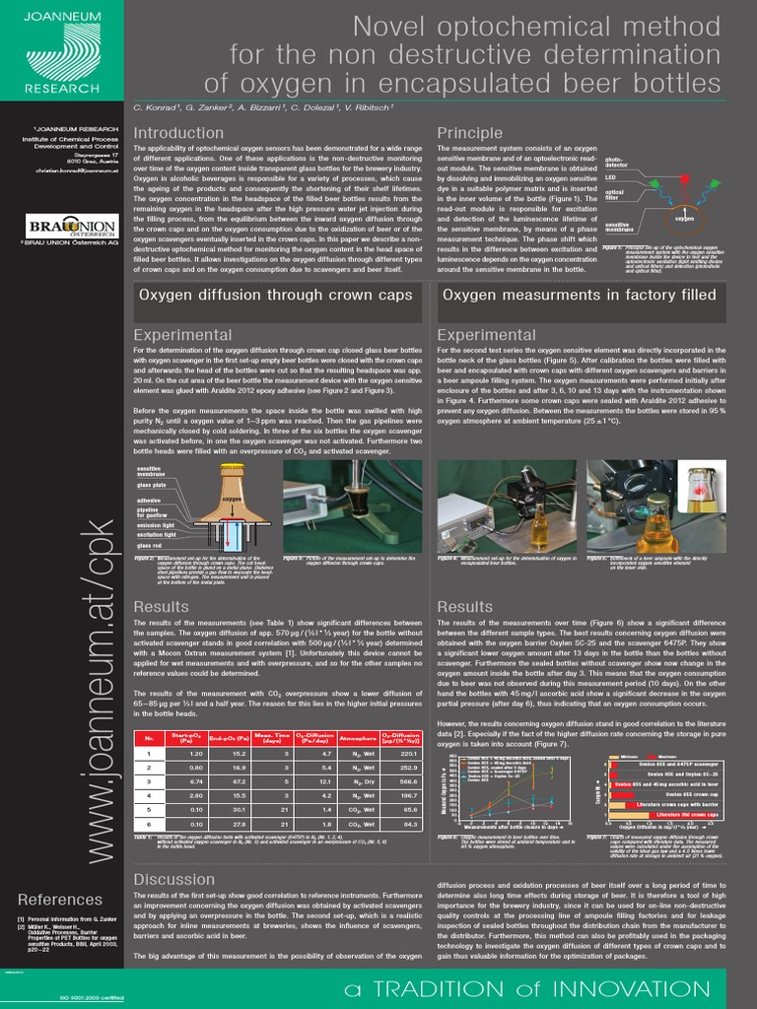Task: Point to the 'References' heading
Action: pos(59,899)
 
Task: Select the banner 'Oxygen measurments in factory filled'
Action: pos(579,294)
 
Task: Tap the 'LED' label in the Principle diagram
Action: pos(610,176)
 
